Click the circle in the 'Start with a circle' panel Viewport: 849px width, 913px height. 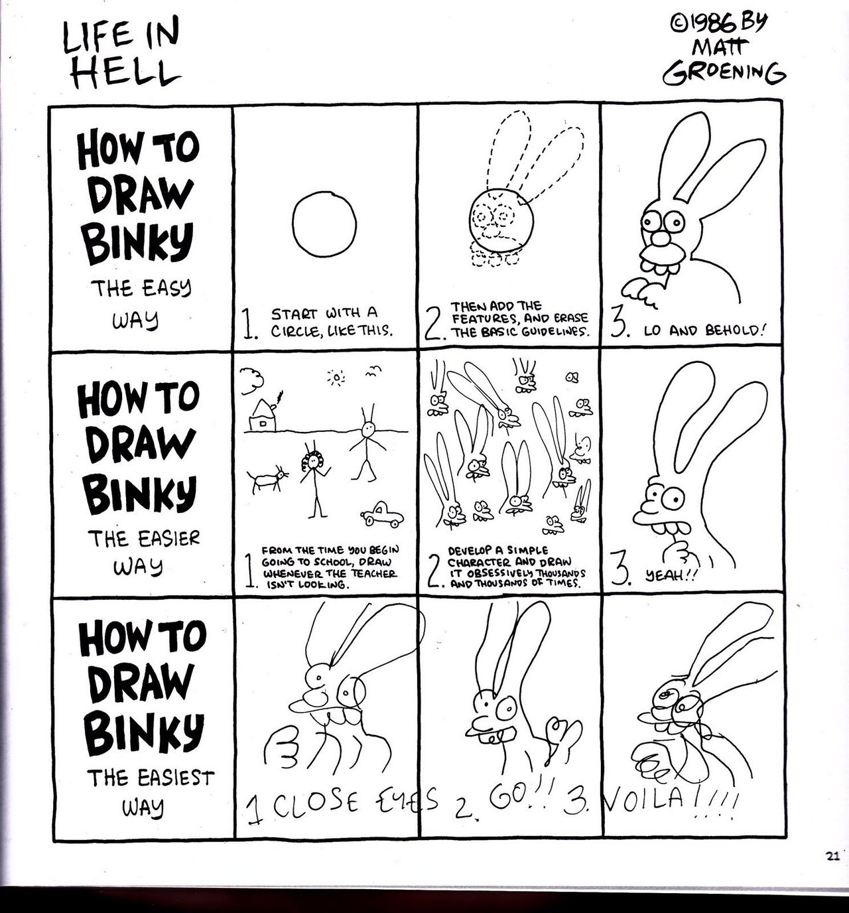pyautogui.click(x=324, y=224)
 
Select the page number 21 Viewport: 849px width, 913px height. pyautogui.click(x=832, y=856)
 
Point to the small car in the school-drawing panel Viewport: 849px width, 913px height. pyautogui.click(x=381, y=514)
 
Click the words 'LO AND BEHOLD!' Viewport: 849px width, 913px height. pyautogui.click(x=704, y=330)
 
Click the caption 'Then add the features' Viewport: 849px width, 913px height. pyautogui.click(x=519, y=319)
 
